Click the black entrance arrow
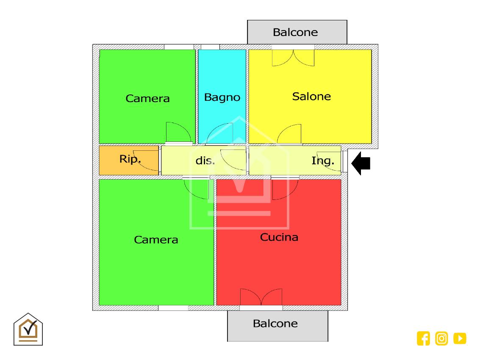pos(361,163)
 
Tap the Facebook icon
pos(423,338)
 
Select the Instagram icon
pos(441,338)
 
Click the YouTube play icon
pos(460,338)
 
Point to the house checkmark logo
pos(28,329)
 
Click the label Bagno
pos(222,97)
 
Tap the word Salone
pos(311,97)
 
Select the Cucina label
pos(279,237)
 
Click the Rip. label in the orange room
pos(130,159)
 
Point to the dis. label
pos(205,161)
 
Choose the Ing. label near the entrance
pos(323,161)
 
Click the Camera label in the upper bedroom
pos(147,99)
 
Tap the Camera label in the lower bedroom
pos(156,240)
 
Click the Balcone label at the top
pos(295,32)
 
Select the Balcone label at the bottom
pos(275,324)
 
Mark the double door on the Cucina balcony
pos(261,297)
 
